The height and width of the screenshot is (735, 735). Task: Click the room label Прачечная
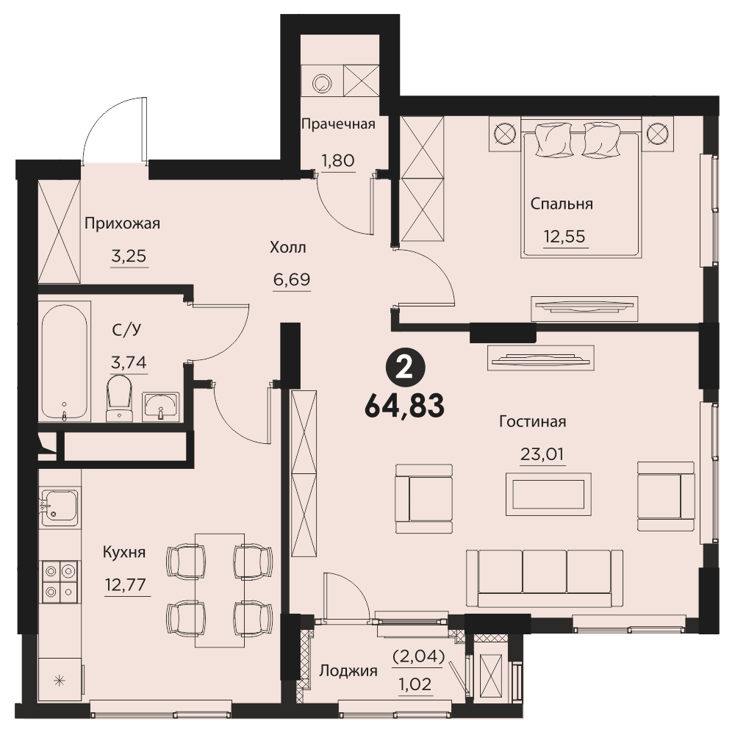pyautogui.click(x=338, y=123)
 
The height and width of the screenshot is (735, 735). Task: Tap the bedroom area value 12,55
pyautogui.click(x=564, y=236)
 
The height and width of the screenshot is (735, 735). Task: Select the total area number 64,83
pyautogui.click(x=404, y=406)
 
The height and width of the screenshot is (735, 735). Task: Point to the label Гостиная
pyautogui.click(x=532, y=421)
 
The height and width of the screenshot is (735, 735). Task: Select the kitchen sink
pyautogui.click(x=60, y=507)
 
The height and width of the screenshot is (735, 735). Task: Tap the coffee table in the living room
pyautogui.click(x=548, y=494)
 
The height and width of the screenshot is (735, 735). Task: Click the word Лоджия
pyautogui.click(x=348, y=671)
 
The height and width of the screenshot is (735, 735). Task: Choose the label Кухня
pyautogui.click(x=124, y=552)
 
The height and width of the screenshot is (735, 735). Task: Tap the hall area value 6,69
pyautogui.click(x=292, y=279)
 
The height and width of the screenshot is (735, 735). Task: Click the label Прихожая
pyautogui.click(x=122, y=223)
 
